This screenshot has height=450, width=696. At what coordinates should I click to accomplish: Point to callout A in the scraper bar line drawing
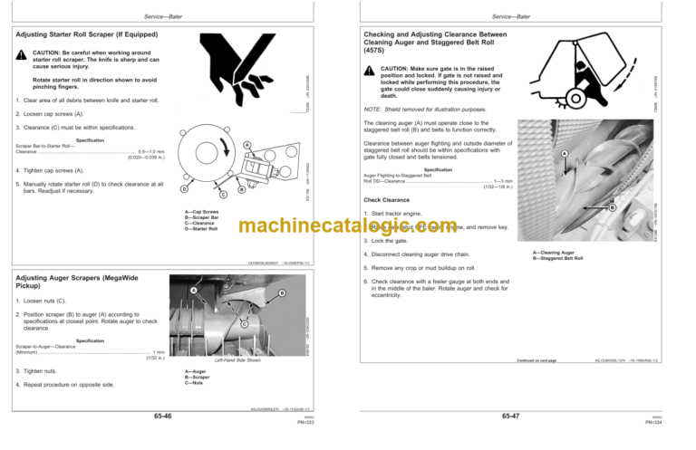pyautogui.click(x=246, y=147)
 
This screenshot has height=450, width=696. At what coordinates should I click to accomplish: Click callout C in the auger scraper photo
pyautogui.click(x=245, y=324)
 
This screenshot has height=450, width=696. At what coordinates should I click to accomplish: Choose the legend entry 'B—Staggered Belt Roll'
pyautogui.click(x=560, y=259)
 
